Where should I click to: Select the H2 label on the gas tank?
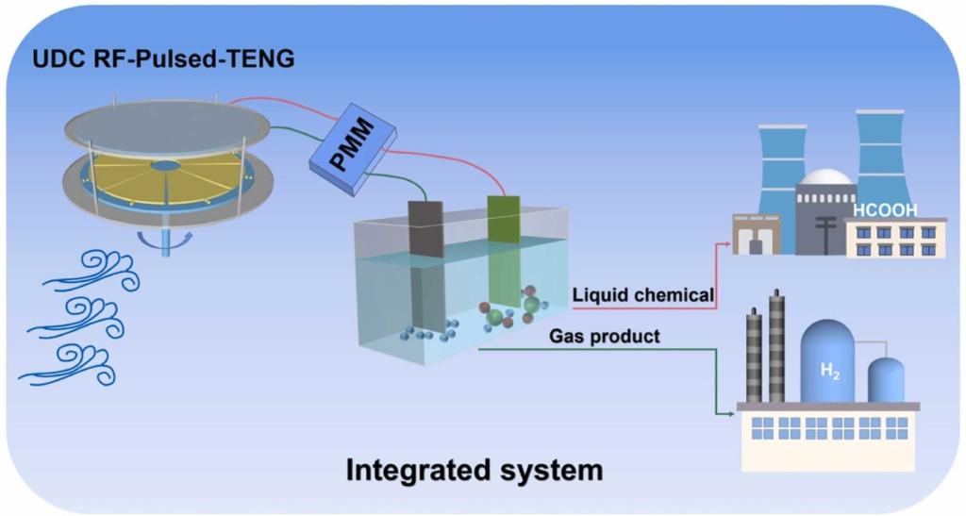point(827,371)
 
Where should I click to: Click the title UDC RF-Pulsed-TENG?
point(151,59)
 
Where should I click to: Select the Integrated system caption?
point(474,469)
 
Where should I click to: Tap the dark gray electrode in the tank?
point(425,226)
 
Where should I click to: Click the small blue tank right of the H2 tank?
point(885,380)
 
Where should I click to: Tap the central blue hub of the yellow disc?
point(165,166)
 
